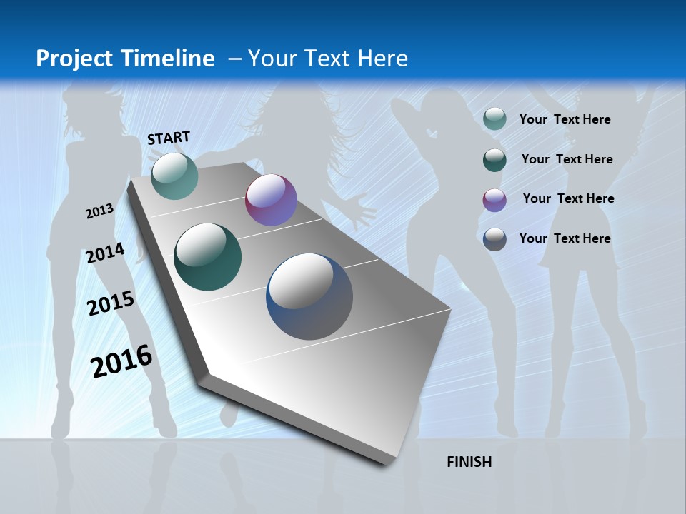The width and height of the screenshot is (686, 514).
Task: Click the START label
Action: [x=169, y=138]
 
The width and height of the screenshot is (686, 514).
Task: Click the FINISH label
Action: [x=469, y=462]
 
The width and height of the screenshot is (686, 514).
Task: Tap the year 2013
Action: [x=99, y=211]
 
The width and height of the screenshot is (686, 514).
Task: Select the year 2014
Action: [x=105, y=253]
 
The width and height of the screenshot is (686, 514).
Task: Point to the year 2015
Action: [x=110, y=303]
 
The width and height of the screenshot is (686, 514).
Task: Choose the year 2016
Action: [x=121, y=361]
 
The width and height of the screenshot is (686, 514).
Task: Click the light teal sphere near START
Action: [x=174, y=176]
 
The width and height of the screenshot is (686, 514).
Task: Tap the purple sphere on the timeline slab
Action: [x=271, y=200]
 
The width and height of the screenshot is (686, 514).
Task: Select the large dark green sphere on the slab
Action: [x=207, y=257]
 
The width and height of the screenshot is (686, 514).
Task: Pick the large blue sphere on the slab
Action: [x=309, y=296]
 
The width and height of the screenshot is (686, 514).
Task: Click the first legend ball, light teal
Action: [x=494, y=119]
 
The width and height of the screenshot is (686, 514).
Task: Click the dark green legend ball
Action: [x=494, y=159]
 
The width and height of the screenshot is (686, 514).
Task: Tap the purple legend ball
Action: [x=494, y=199]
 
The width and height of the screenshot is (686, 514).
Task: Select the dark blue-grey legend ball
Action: [x=494, y=239]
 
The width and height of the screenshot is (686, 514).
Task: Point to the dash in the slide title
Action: [x=234, y=59]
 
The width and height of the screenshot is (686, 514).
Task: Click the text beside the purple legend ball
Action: [x=568, y=198]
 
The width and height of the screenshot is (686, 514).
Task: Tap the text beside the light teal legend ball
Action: [x=565, y=119]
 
